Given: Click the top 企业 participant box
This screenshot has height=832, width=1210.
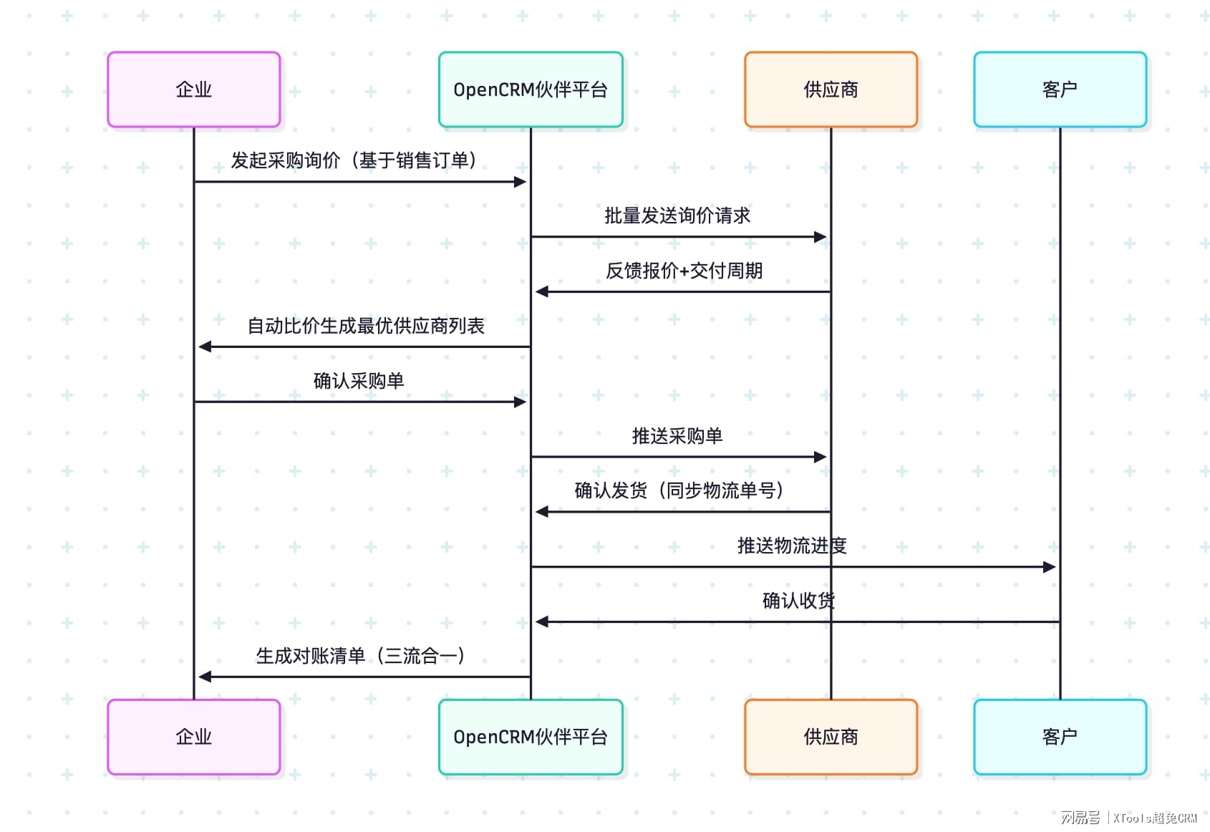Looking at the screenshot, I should tap(193, 90).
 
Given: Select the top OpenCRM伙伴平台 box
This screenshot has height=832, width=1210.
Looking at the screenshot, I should tap(531, 90).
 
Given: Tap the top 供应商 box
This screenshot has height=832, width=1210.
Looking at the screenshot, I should tap(831, 90).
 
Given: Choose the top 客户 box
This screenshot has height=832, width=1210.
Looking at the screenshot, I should tap(1060, 90).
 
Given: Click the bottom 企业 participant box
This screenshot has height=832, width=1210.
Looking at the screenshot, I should tap(193, 737).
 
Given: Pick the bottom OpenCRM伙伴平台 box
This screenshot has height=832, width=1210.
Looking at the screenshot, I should tap(531, 737).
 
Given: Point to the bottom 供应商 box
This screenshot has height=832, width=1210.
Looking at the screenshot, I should tap(831, 737).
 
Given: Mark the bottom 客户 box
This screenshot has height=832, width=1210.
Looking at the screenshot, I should tap(1060, 737).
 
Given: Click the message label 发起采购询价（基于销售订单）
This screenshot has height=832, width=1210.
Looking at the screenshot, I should tap(354, 160).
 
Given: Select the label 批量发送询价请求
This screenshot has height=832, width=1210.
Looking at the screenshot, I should tap(677, 216).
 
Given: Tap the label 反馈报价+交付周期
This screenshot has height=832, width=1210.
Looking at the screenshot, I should tap(684, 271).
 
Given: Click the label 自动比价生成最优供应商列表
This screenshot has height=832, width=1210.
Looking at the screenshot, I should tap(366, 326).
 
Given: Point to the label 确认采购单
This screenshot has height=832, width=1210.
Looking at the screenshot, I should tap(359, 381).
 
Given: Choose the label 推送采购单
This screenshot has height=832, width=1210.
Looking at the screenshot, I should tap(677, 436).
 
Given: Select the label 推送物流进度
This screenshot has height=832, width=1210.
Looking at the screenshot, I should tap(792, 546).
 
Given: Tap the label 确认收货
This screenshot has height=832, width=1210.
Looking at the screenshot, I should tap(798, 601).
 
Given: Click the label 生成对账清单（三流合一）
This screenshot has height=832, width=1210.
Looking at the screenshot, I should tap(361, 656).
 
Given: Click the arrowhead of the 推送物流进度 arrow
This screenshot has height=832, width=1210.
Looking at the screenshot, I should tap(1050, 567).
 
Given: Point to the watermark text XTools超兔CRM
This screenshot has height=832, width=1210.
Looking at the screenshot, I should tap(1155, 818).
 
